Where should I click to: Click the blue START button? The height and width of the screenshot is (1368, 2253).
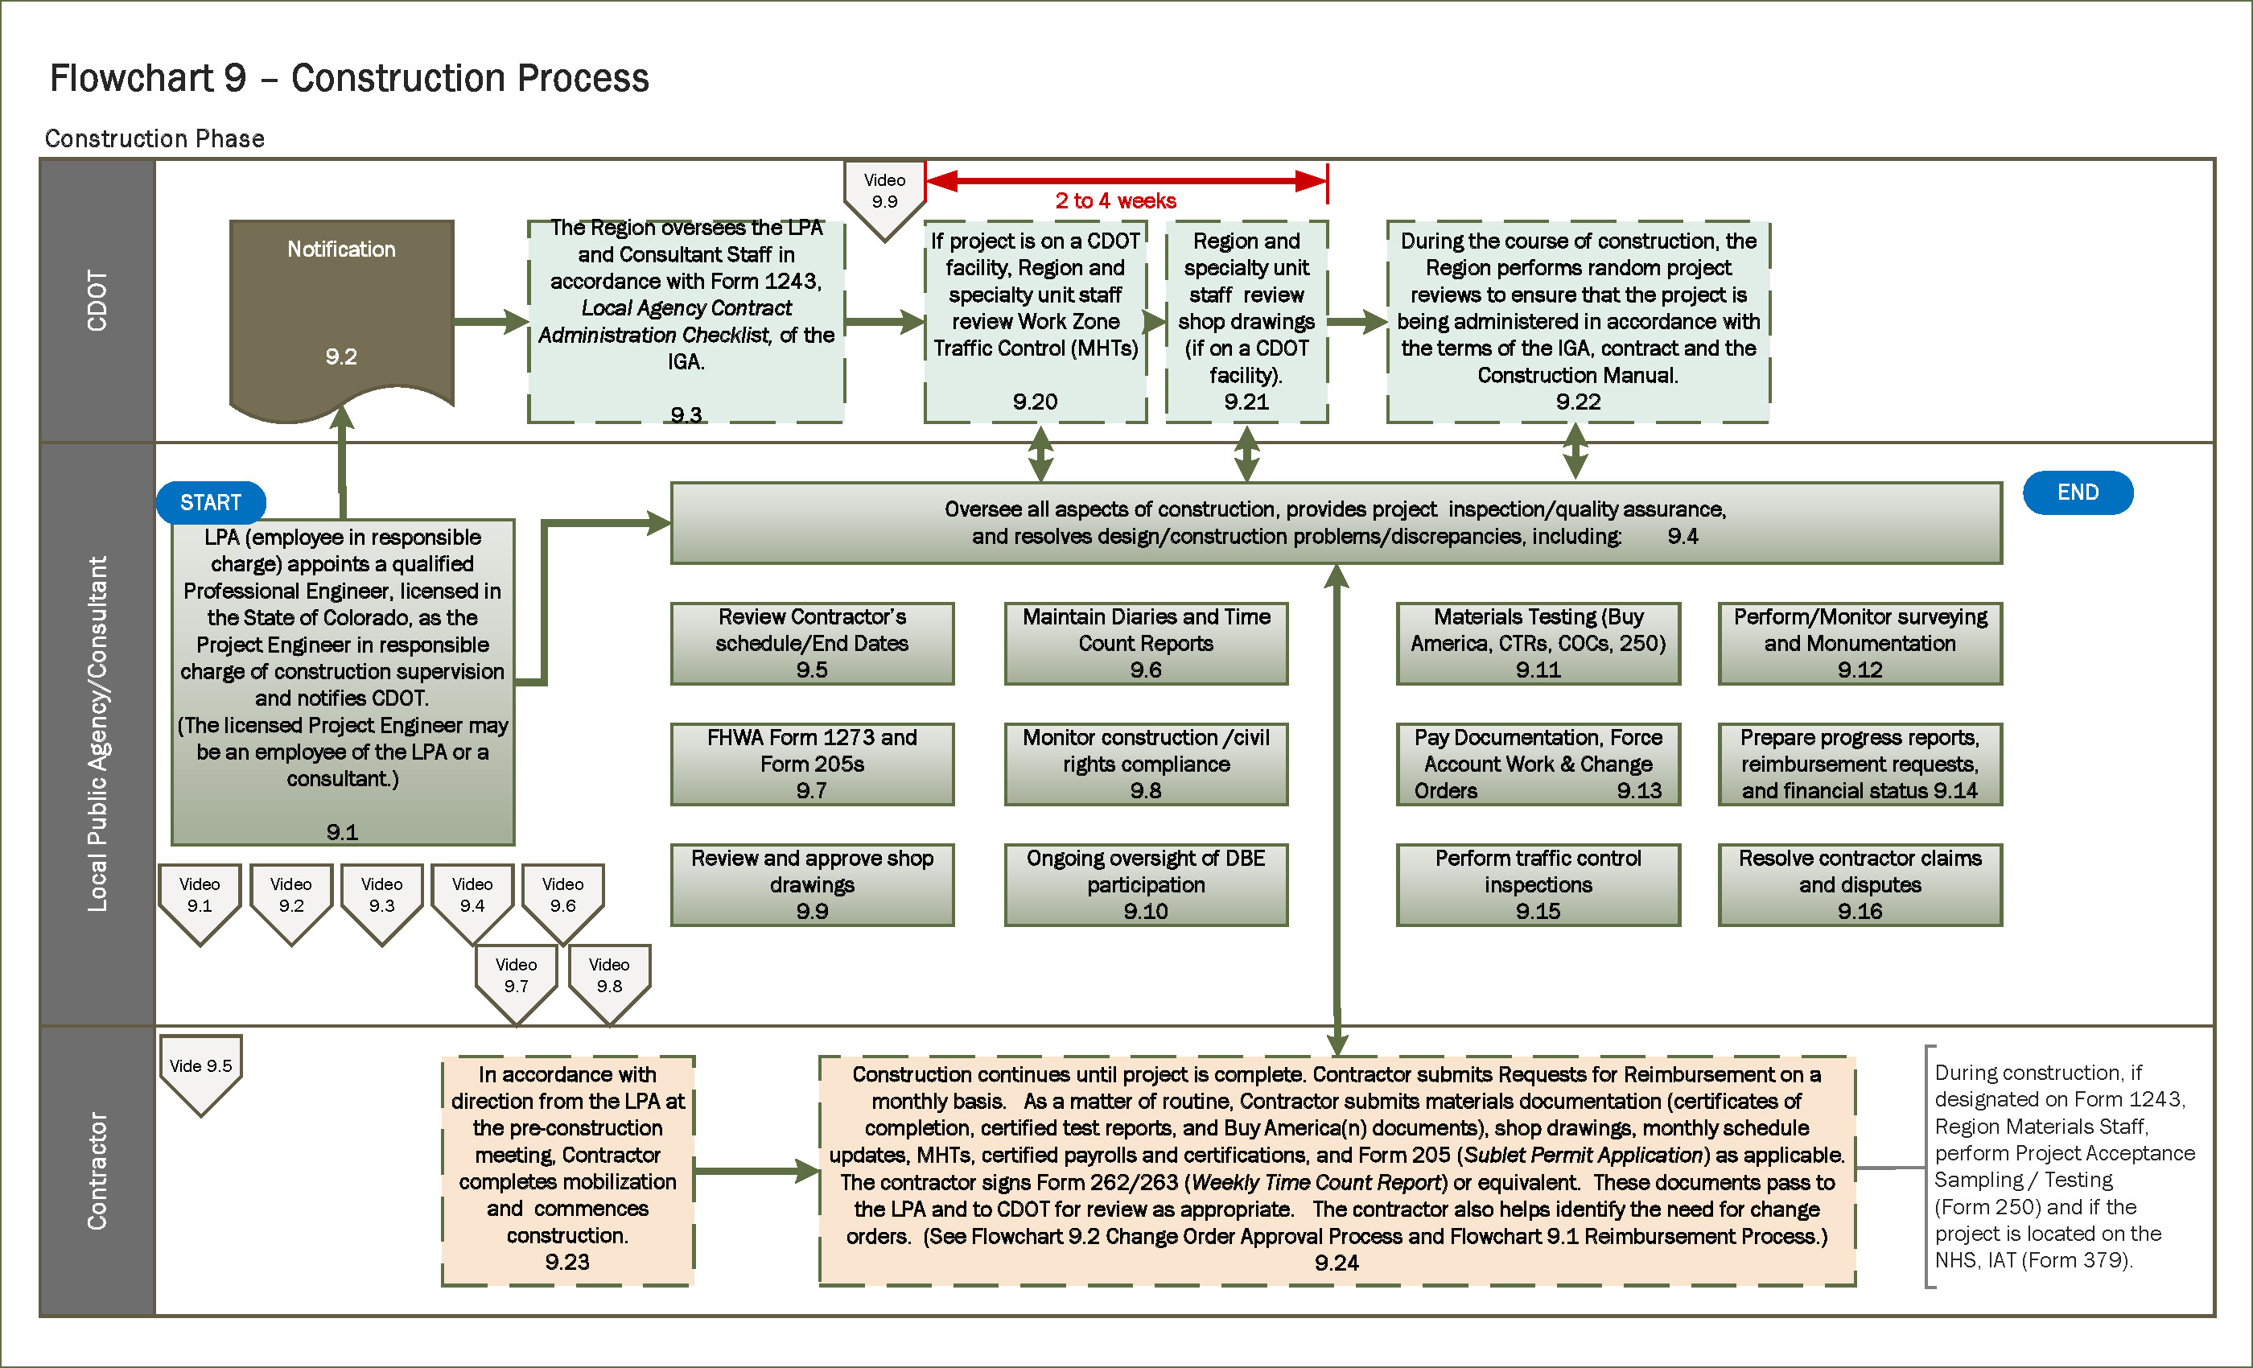210,502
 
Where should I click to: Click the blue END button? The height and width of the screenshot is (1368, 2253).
2078,492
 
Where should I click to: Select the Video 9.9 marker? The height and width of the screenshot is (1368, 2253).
884,193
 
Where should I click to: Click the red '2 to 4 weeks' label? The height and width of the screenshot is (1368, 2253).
1115,201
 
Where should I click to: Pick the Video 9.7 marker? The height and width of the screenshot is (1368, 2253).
516,978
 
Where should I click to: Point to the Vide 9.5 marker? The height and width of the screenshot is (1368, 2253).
201,1067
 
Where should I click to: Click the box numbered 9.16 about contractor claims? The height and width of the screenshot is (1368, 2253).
1860,884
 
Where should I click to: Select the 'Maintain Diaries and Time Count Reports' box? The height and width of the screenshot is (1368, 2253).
1146,643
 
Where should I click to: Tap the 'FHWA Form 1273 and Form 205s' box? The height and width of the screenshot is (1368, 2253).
812,764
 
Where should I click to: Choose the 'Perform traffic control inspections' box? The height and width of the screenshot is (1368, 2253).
1538,884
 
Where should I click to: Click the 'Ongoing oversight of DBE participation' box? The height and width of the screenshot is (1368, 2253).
1146,884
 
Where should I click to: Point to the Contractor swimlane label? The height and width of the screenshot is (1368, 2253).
97,1171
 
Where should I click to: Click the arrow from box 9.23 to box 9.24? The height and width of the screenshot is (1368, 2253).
756,1171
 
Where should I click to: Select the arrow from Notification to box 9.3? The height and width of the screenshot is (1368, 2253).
490,321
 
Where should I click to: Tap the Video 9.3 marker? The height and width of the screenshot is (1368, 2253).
381,897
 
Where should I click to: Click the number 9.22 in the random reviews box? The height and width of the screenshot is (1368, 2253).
1578,402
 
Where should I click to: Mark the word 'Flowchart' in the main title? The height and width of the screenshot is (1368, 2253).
130,79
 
